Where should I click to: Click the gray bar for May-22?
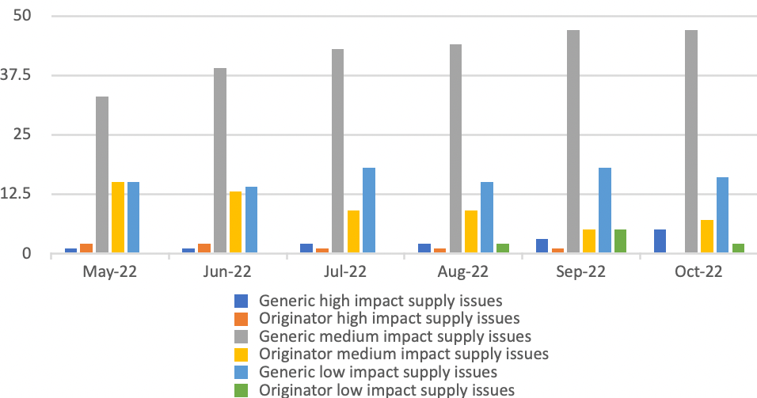(x=102, y=175)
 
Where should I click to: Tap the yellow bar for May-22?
(x=118, y=218)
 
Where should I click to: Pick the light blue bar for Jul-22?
(x=369, y=210)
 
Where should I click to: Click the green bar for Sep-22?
(x=620, y=241)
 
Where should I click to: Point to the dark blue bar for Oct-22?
(x=660, y=241)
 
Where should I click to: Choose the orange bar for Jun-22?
(x=204, y=248)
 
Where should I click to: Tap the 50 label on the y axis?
(x=32, y=16)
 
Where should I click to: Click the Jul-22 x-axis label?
(x=345, y=272)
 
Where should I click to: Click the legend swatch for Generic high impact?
(x=242, y=301)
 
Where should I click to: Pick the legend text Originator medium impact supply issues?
(x=404, y=353)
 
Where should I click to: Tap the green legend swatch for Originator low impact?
(x=242, y=389)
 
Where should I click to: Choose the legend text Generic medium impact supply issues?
(x=394, y=335)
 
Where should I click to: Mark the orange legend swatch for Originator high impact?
(x=242, y=318)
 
